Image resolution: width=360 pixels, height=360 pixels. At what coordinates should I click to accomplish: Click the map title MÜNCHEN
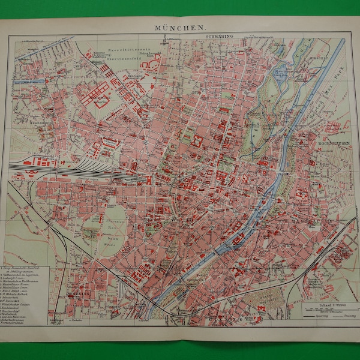(x=179, y=28)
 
